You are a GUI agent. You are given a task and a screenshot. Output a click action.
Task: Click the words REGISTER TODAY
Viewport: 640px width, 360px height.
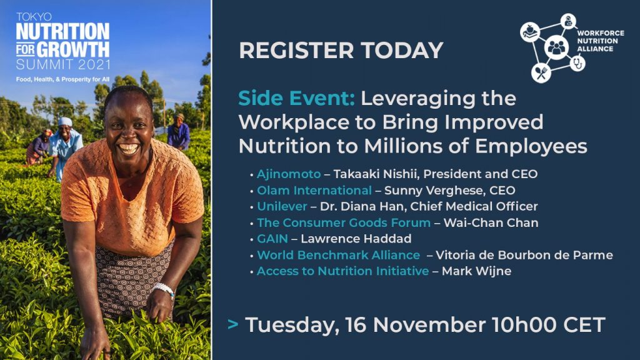(x=341, y=50)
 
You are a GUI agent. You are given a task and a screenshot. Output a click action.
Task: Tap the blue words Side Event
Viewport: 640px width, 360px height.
(x=296, y=98)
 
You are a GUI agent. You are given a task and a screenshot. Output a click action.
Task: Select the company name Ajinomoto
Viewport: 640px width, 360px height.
(x=289, y=174)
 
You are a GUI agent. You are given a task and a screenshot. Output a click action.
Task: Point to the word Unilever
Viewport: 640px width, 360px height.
(x=282, y=206)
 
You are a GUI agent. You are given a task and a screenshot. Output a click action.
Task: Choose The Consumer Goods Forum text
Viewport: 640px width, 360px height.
(x=344, y=223)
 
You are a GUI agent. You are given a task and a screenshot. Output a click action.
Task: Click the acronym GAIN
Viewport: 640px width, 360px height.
(x=272, y=239)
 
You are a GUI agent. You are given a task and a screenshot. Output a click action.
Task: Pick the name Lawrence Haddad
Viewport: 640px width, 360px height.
(x=356, y=239)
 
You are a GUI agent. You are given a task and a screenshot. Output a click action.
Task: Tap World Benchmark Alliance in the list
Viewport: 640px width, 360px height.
(x=338, y=255)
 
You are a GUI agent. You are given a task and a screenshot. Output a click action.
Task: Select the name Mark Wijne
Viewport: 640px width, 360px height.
(x=476, y=271)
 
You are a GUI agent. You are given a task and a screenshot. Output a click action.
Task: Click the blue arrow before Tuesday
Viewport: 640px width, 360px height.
(x=232, y=324)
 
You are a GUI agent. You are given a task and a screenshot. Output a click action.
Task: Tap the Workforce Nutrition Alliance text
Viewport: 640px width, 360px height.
(x=601, y=41)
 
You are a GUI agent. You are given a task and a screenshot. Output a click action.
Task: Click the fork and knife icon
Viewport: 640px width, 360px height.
(x=541, y=73)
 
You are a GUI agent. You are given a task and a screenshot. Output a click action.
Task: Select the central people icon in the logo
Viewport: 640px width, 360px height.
(x=556, y=47)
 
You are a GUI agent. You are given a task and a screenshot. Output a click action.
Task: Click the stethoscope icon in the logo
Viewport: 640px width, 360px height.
(x=577, y=63)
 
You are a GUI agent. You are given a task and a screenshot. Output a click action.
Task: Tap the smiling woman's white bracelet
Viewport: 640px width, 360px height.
(x=164, y=289)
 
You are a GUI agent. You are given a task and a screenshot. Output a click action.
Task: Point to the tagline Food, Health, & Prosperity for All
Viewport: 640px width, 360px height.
(x=62, y=79)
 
